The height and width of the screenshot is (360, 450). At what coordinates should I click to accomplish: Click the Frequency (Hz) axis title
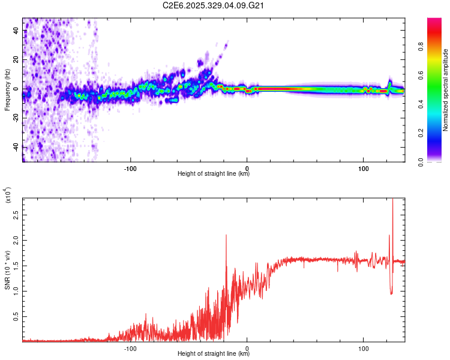7,90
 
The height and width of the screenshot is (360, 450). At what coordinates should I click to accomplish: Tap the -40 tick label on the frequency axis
15,147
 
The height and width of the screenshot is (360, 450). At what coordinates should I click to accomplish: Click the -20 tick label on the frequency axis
15,118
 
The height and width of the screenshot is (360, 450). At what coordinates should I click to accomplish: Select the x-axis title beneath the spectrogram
214,174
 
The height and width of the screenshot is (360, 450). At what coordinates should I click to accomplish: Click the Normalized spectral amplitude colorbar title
446,90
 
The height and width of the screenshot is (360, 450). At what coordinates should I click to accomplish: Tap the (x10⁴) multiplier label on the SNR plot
8,196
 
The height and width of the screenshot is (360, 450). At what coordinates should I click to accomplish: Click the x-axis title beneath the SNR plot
214,353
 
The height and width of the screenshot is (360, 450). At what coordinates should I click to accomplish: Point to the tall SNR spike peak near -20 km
226,236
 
